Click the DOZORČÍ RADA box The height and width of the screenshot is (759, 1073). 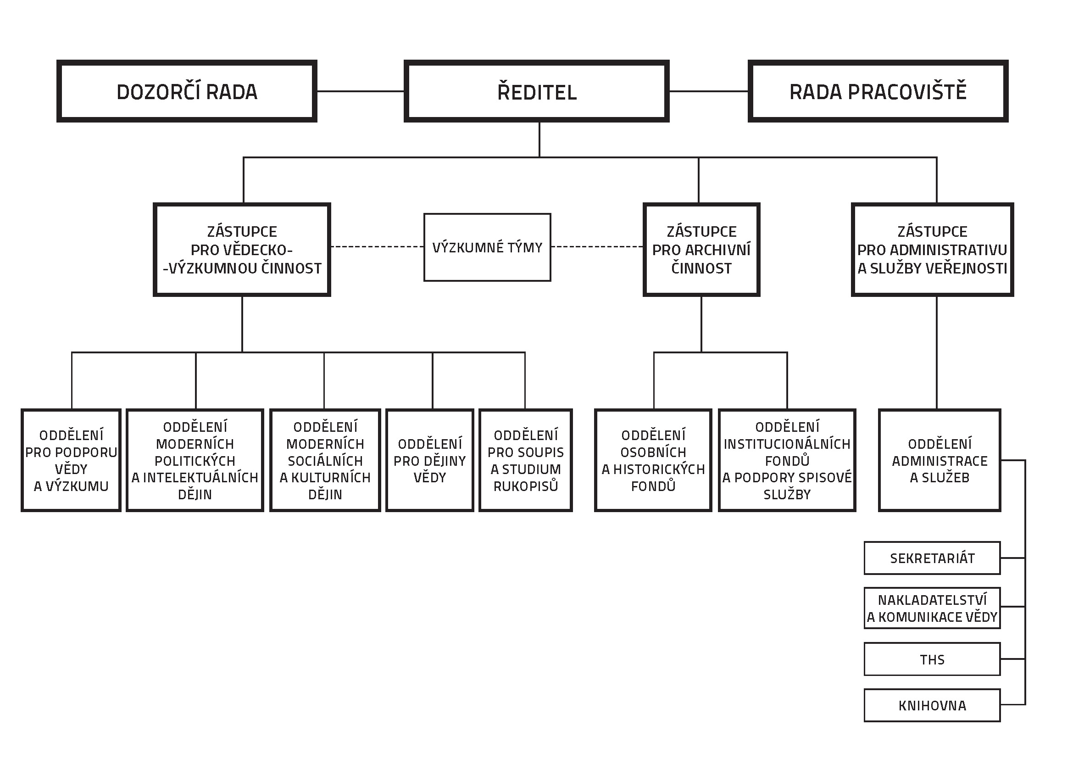point(186,91)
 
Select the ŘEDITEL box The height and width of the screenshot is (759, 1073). point(537,91)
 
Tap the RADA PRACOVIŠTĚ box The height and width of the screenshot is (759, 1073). point(878,91)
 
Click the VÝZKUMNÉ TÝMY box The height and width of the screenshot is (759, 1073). point(488,247)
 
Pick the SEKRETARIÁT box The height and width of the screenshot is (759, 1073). point(932,558)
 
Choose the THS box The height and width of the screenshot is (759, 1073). point(932,659)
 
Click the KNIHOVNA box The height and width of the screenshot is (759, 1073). point(932,705)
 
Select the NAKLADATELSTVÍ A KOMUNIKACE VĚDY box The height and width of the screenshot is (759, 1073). point(932,608)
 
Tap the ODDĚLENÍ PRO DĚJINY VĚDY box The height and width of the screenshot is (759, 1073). point(430,460)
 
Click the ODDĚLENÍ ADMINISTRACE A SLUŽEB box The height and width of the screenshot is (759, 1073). point(940,460)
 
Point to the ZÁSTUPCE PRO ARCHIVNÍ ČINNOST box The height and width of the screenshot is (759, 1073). point(701,250)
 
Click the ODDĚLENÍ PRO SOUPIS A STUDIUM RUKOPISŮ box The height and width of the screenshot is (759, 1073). point(526,460)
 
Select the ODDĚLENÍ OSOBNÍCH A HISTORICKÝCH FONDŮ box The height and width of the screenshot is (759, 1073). point(653,460)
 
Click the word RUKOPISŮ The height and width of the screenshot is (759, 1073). point(526,486)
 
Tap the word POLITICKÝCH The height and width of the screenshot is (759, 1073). point(195,461)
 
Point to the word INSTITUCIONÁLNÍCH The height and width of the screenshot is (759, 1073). point(787,444)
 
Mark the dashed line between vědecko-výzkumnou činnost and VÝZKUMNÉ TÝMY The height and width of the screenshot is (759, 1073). point(377,246)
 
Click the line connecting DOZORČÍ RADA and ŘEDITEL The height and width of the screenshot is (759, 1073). point(360,91)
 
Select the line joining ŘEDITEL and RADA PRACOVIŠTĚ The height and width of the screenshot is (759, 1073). point(708,91)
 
